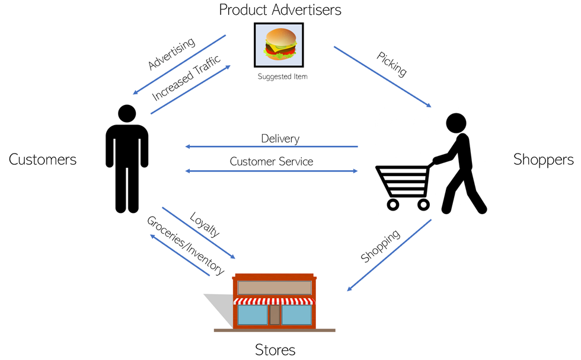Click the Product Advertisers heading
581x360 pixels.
(x=280, y=10)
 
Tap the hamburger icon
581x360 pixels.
(x=279, y=44)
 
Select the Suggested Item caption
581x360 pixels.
(x=283, y=77)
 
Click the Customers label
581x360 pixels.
(x=43, y=159)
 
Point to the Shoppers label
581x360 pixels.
(x=543, y=159)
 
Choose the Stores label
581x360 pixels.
(x=275, y=349)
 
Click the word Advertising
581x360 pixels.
(x=171, y=54)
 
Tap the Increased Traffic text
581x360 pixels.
(x=186, y=78)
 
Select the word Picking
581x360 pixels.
(x=392, y=64)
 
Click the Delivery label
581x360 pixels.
(x=280, y=139)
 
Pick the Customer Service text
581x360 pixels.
(x=272, y=161)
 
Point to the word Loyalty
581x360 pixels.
(x=205, y=224)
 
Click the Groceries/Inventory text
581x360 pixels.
(x=185, y=246)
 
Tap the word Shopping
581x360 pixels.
(x=381, y=246)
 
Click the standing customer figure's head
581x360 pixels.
(x=127, y=114)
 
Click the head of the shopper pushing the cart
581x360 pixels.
(x=456, y=123)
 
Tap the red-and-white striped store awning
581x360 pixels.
(x=274, y=301)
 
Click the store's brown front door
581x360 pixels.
(x=274, y=314)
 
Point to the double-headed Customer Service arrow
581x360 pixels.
(x=272, y=171)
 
